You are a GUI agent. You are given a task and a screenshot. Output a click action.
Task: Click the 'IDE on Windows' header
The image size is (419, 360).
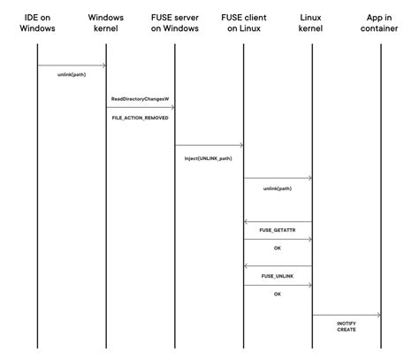(37, 23)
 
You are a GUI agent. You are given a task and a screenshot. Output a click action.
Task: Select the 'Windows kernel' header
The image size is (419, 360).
(106, 23)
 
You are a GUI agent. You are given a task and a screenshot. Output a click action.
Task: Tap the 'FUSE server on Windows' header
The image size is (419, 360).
(175, 23)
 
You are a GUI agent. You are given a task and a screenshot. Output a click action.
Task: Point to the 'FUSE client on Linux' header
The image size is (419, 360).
(243, 23)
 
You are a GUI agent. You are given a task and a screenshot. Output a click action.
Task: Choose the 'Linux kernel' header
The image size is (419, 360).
(312, 23)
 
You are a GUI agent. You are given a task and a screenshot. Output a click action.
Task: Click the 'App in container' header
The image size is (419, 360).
(381, 23)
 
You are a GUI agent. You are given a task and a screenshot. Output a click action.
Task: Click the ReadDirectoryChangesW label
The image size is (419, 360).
(141, 99)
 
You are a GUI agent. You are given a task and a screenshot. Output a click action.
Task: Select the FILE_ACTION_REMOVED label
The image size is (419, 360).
(141, 117)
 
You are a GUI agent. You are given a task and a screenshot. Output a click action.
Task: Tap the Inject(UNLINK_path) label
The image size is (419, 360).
(209, 157)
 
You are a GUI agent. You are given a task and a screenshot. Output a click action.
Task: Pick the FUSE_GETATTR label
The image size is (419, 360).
(278, 230)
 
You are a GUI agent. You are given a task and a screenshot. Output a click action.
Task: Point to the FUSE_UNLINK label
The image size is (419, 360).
(278, 275)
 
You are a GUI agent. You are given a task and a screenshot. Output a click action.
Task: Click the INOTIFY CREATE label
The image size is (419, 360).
(347, 327)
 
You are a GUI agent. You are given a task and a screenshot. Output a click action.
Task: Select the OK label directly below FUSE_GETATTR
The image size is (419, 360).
(278, 249)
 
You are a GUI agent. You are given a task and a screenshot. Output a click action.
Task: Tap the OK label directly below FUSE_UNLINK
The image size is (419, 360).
(278, 294)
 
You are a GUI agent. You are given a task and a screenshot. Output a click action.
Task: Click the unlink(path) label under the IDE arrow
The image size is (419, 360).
(72, 75)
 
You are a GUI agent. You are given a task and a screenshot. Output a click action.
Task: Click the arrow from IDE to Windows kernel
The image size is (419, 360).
(72, 65)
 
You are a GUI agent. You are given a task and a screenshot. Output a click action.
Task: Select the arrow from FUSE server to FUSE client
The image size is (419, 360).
(209, 145)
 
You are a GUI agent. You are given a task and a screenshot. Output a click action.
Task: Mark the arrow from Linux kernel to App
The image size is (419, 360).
(347, 315)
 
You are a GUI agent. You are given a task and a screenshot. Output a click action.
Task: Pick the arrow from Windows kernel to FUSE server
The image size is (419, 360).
(141, 108)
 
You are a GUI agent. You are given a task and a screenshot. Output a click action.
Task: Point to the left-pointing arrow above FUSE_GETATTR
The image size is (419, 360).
(278, 221)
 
